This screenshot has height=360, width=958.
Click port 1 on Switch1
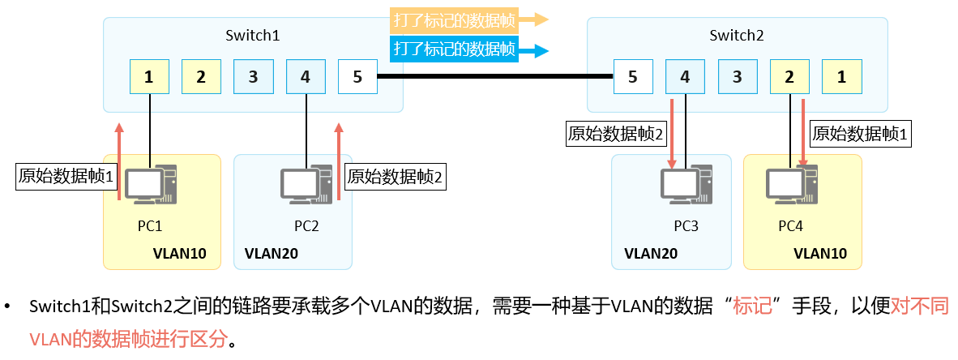149,77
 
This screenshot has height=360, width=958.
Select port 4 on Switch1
305,77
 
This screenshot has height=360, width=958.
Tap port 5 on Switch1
357,77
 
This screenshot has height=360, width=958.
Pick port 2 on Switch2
789,77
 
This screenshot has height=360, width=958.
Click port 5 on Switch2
633,77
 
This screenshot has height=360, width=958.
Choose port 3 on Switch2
737,77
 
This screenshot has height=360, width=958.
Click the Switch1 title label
252,36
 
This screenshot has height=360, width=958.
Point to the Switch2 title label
736,36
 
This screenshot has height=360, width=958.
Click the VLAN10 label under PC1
180,254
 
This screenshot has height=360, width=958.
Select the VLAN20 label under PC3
651,254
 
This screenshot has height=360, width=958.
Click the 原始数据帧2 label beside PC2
396,175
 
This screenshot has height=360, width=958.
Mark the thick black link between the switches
495,77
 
